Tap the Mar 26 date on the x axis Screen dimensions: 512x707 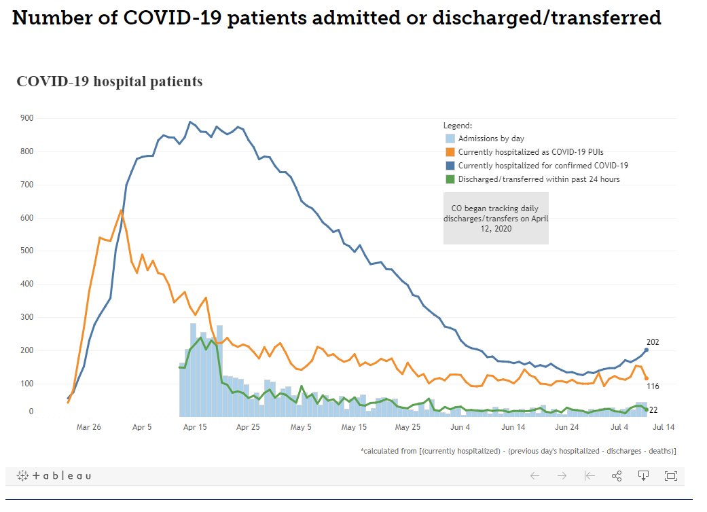point(89,427)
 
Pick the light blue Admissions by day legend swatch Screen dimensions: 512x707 point(450,139)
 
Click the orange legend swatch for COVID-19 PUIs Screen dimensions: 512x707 point(450,152)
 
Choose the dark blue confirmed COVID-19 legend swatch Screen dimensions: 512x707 point(450,166)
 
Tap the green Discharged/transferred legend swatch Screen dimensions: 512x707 point(450,179)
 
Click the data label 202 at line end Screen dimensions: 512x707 point(653,342)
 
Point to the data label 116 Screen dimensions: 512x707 point(653,386)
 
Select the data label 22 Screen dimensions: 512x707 point(653,410)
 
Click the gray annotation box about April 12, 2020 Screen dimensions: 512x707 point(496,219)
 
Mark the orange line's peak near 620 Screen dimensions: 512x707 point(121,210)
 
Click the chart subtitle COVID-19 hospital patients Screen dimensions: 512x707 point(109,82)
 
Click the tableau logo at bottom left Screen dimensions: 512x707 point(54,476)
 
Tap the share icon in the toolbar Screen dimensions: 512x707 point(617,476)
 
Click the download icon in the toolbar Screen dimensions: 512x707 point(643,476)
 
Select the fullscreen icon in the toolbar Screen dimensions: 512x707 point(670,476)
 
